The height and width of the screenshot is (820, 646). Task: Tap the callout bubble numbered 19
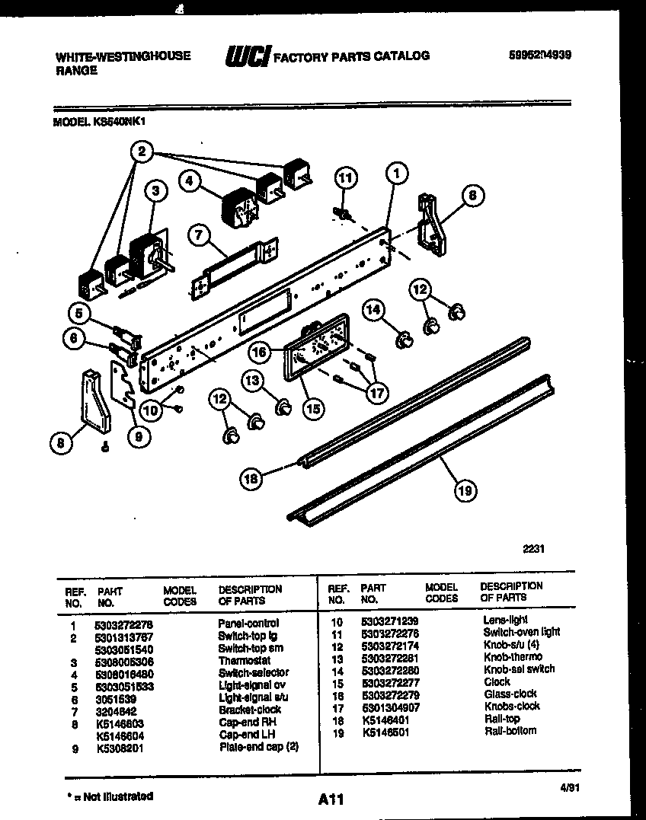tap(464, 491)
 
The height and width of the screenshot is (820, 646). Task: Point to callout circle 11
tap(347, 179)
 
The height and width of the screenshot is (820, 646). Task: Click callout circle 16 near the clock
tap(260, 352)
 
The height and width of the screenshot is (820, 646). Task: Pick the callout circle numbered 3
tap(155, 193)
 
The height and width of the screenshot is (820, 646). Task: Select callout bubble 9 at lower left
tap(138, 436)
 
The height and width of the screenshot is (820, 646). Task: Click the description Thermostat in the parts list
tap(243, 660)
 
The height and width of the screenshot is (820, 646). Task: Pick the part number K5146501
tap(383, 731)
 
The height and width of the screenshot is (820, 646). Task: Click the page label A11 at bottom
tap(331, 799)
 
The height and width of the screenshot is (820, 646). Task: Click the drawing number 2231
tap(533, 547)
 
